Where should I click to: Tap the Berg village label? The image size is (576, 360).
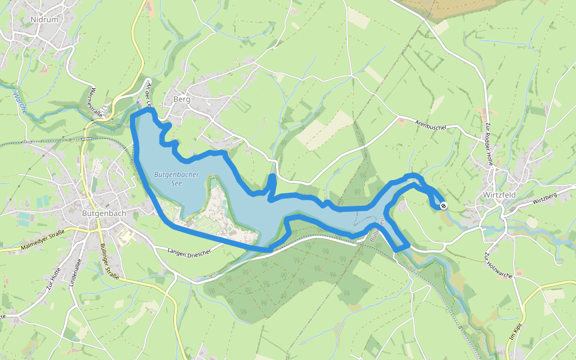click(x=181, y=99)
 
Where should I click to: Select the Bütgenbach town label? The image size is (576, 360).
click(x=103, y=212)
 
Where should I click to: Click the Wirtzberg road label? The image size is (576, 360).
click(x=543, y=197)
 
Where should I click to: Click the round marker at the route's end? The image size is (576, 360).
click(x=443, y=206)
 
